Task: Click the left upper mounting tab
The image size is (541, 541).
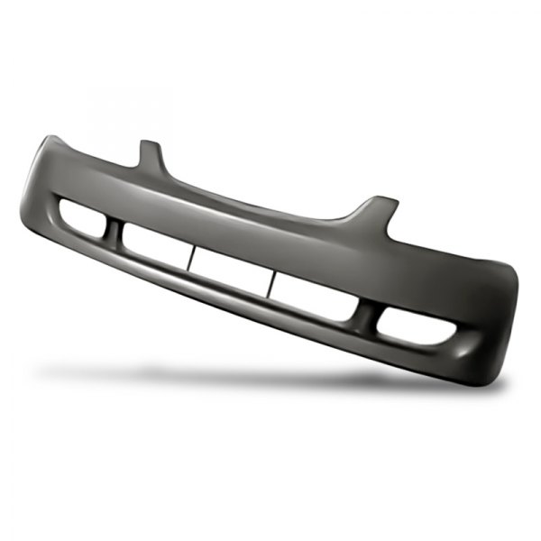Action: tap(151, 154)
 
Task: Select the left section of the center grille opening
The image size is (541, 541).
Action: tap(155, 243)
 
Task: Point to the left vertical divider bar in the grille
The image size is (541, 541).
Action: tap(190, 255)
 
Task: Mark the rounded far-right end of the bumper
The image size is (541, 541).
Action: tap(513, 289)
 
